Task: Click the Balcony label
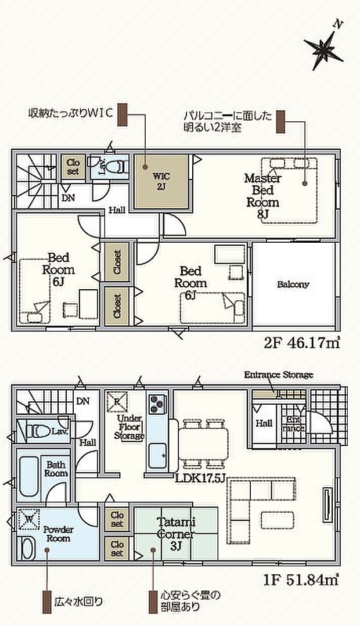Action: pos(293,285)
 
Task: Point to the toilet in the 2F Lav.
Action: pos(118,166)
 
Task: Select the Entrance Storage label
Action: pos(278,375)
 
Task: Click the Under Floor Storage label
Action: pos(129,427)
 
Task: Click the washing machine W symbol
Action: pos(27,519)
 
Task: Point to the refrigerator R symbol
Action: pos(115,400)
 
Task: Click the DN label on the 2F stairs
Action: pos(68,197)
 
